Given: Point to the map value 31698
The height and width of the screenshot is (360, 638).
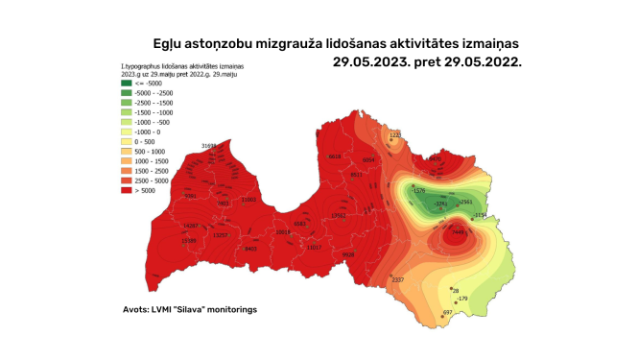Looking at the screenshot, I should point(208,146).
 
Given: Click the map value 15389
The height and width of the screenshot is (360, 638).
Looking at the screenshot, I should point(189,240).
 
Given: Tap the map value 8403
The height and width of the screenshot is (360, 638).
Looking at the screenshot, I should point(251,249).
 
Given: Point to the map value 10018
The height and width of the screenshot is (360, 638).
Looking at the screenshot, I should point(282,232).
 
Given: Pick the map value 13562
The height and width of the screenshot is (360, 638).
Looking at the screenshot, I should point(338,215).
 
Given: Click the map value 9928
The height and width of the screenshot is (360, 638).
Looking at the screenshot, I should point(347,254).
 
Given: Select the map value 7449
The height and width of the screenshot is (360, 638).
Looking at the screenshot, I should point(458,231).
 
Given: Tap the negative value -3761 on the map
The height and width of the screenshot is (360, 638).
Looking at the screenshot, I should point(441,204).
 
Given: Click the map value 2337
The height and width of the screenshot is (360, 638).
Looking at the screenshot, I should point(398,279).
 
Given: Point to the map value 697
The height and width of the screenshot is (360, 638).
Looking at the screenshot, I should point(447,312).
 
